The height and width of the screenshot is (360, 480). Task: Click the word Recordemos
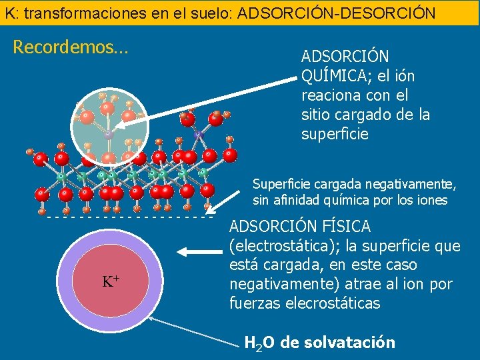(70, 47)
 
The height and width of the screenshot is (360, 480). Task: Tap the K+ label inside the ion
(111, 281)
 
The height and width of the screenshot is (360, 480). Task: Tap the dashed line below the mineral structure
(127, 217)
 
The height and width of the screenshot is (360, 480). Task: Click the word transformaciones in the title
(73, 12)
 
